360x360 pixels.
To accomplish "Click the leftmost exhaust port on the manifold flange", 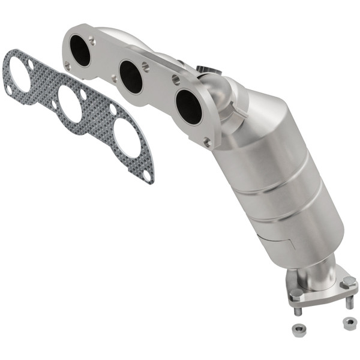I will point(80,51).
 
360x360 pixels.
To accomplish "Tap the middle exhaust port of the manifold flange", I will point(130,77).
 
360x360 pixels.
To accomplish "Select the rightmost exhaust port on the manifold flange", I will point(188,106).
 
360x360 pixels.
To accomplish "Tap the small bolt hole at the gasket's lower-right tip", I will point(147,176).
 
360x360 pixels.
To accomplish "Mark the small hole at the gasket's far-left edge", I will point(9,89).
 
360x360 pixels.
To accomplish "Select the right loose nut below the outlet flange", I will point(348,323).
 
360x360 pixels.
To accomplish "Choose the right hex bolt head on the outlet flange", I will point(348,282).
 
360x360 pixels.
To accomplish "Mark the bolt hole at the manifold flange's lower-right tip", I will point(207,142).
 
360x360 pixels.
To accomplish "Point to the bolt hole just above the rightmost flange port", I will point(176,78).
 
